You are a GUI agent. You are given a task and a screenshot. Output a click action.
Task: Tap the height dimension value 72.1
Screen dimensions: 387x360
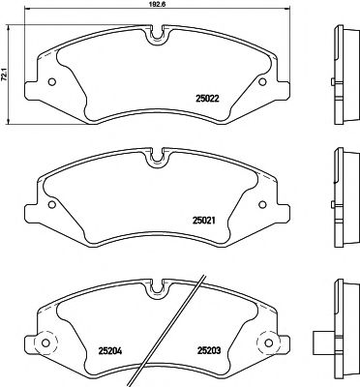point(5,70)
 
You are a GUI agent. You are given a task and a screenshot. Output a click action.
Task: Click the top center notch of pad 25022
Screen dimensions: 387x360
point(156,39)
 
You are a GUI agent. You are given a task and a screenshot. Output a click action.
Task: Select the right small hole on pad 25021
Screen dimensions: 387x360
point(268,204)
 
